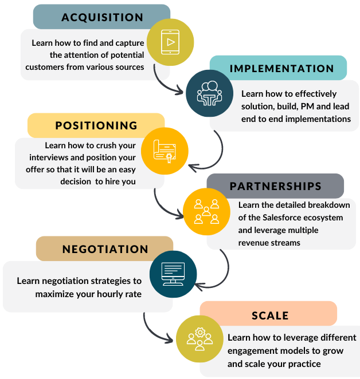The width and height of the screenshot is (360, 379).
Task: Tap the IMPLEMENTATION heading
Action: (x=281, y=68)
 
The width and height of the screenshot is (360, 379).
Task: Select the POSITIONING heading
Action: (x=96, y=125)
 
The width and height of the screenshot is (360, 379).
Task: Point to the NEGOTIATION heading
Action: (x=105, y=249)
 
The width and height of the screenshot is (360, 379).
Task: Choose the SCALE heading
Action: (x=270, y=315)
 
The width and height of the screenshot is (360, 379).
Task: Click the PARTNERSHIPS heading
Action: (x=275, y=187)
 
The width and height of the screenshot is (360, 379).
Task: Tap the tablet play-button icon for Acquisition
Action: (x=170, y=42)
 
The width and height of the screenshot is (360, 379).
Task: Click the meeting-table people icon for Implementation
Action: (x=209, y=93)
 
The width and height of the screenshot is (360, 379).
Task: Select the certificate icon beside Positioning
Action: (x=165, y=150)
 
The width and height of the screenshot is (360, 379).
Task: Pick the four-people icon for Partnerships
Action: (x=206, y=211)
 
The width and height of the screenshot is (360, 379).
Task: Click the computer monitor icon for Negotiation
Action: (x=173, y=273)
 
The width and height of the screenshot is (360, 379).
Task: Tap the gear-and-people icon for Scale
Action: (x=199, y=338)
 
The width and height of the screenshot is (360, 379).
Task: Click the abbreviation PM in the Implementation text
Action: (x=310, y=106)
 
